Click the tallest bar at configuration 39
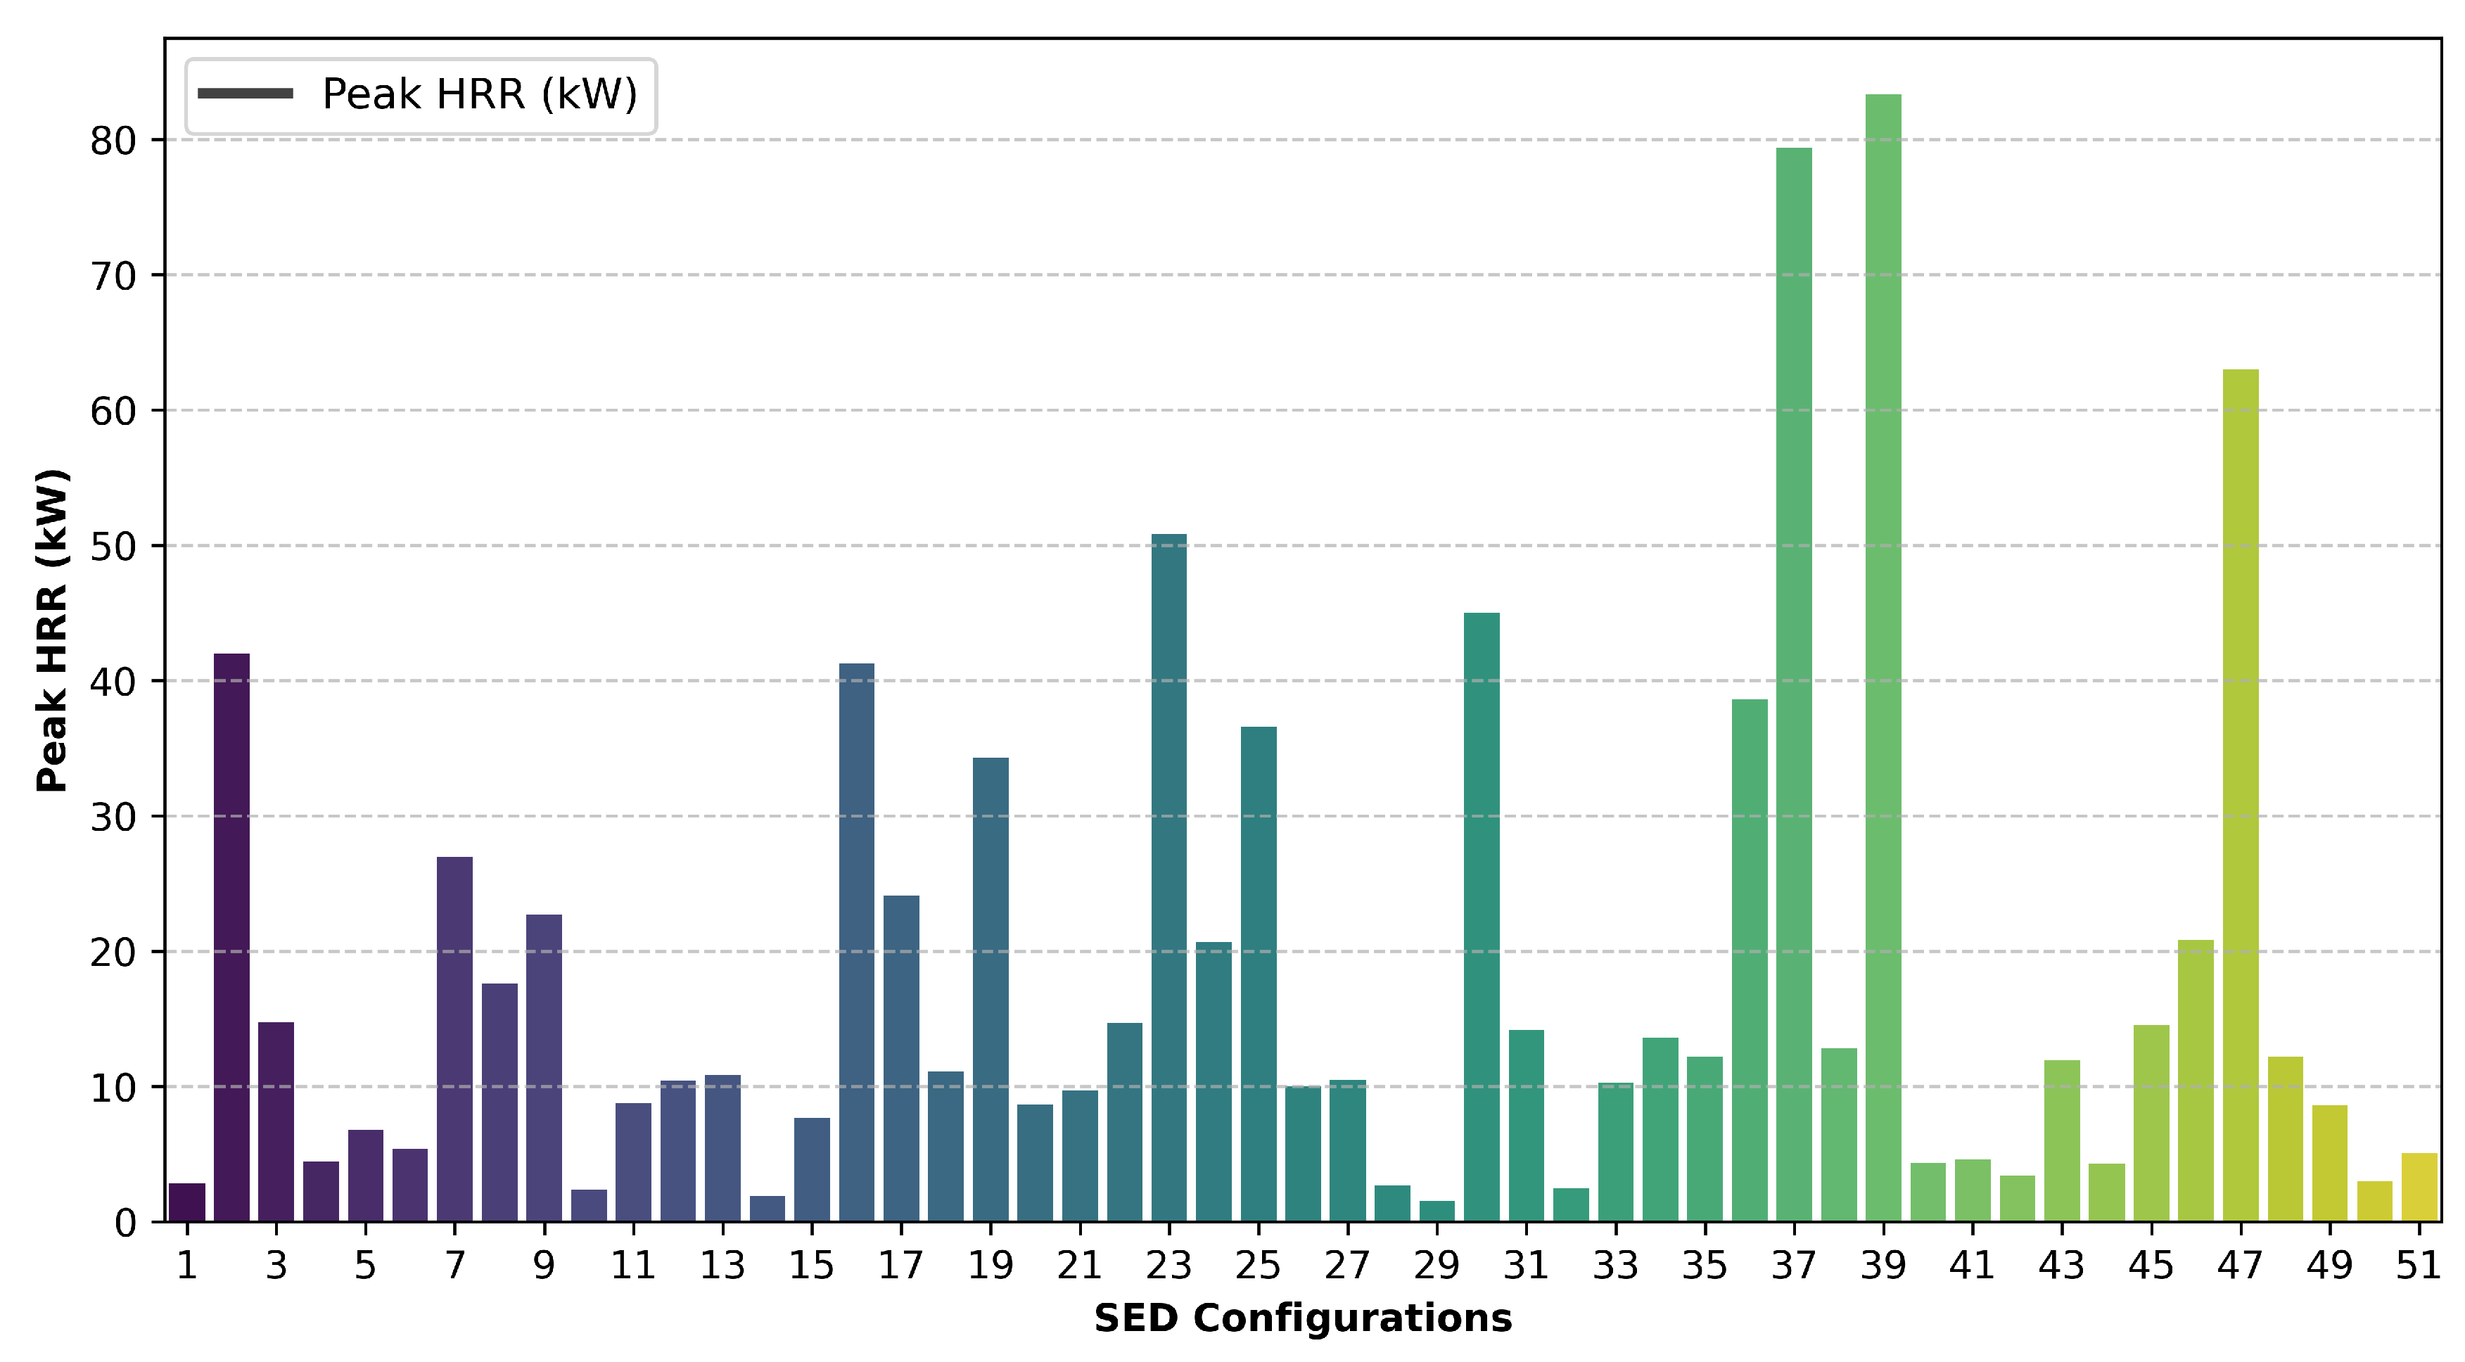click(1883, 661)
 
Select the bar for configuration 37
click(1793, 685)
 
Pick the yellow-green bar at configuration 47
click(2240, 794)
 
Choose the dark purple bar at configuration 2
click(231, 938)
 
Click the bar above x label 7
click(454, 1038)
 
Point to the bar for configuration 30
click(1482, 917)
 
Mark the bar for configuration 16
click(856, 943)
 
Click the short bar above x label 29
click(1437, 1211)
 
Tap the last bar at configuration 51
click(2419, 1188)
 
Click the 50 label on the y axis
click(113, 547)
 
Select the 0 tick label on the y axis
click(125, 1223)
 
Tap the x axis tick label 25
click(1257, 1266)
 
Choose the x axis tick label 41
click(1972, 1266)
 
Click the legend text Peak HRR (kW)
click(479, 94)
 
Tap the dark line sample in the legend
click(245, 94)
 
